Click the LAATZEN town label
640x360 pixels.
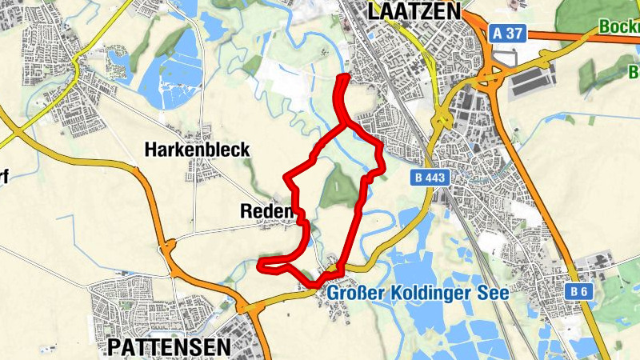tap(414, 11)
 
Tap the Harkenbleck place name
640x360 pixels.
tap(197, 150)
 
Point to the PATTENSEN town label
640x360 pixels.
tap(168, 346)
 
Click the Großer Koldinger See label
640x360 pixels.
tap(418, 294)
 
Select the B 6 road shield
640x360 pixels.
tap(581, 293)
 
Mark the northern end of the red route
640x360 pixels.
tap(345, 77)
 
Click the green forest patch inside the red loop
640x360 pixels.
tap(338, 188)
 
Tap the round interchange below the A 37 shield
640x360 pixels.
tap(489, 78)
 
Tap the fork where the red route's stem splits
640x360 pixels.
tap(346, 124)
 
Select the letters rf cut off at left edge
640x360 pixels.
tap(3, 177)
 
